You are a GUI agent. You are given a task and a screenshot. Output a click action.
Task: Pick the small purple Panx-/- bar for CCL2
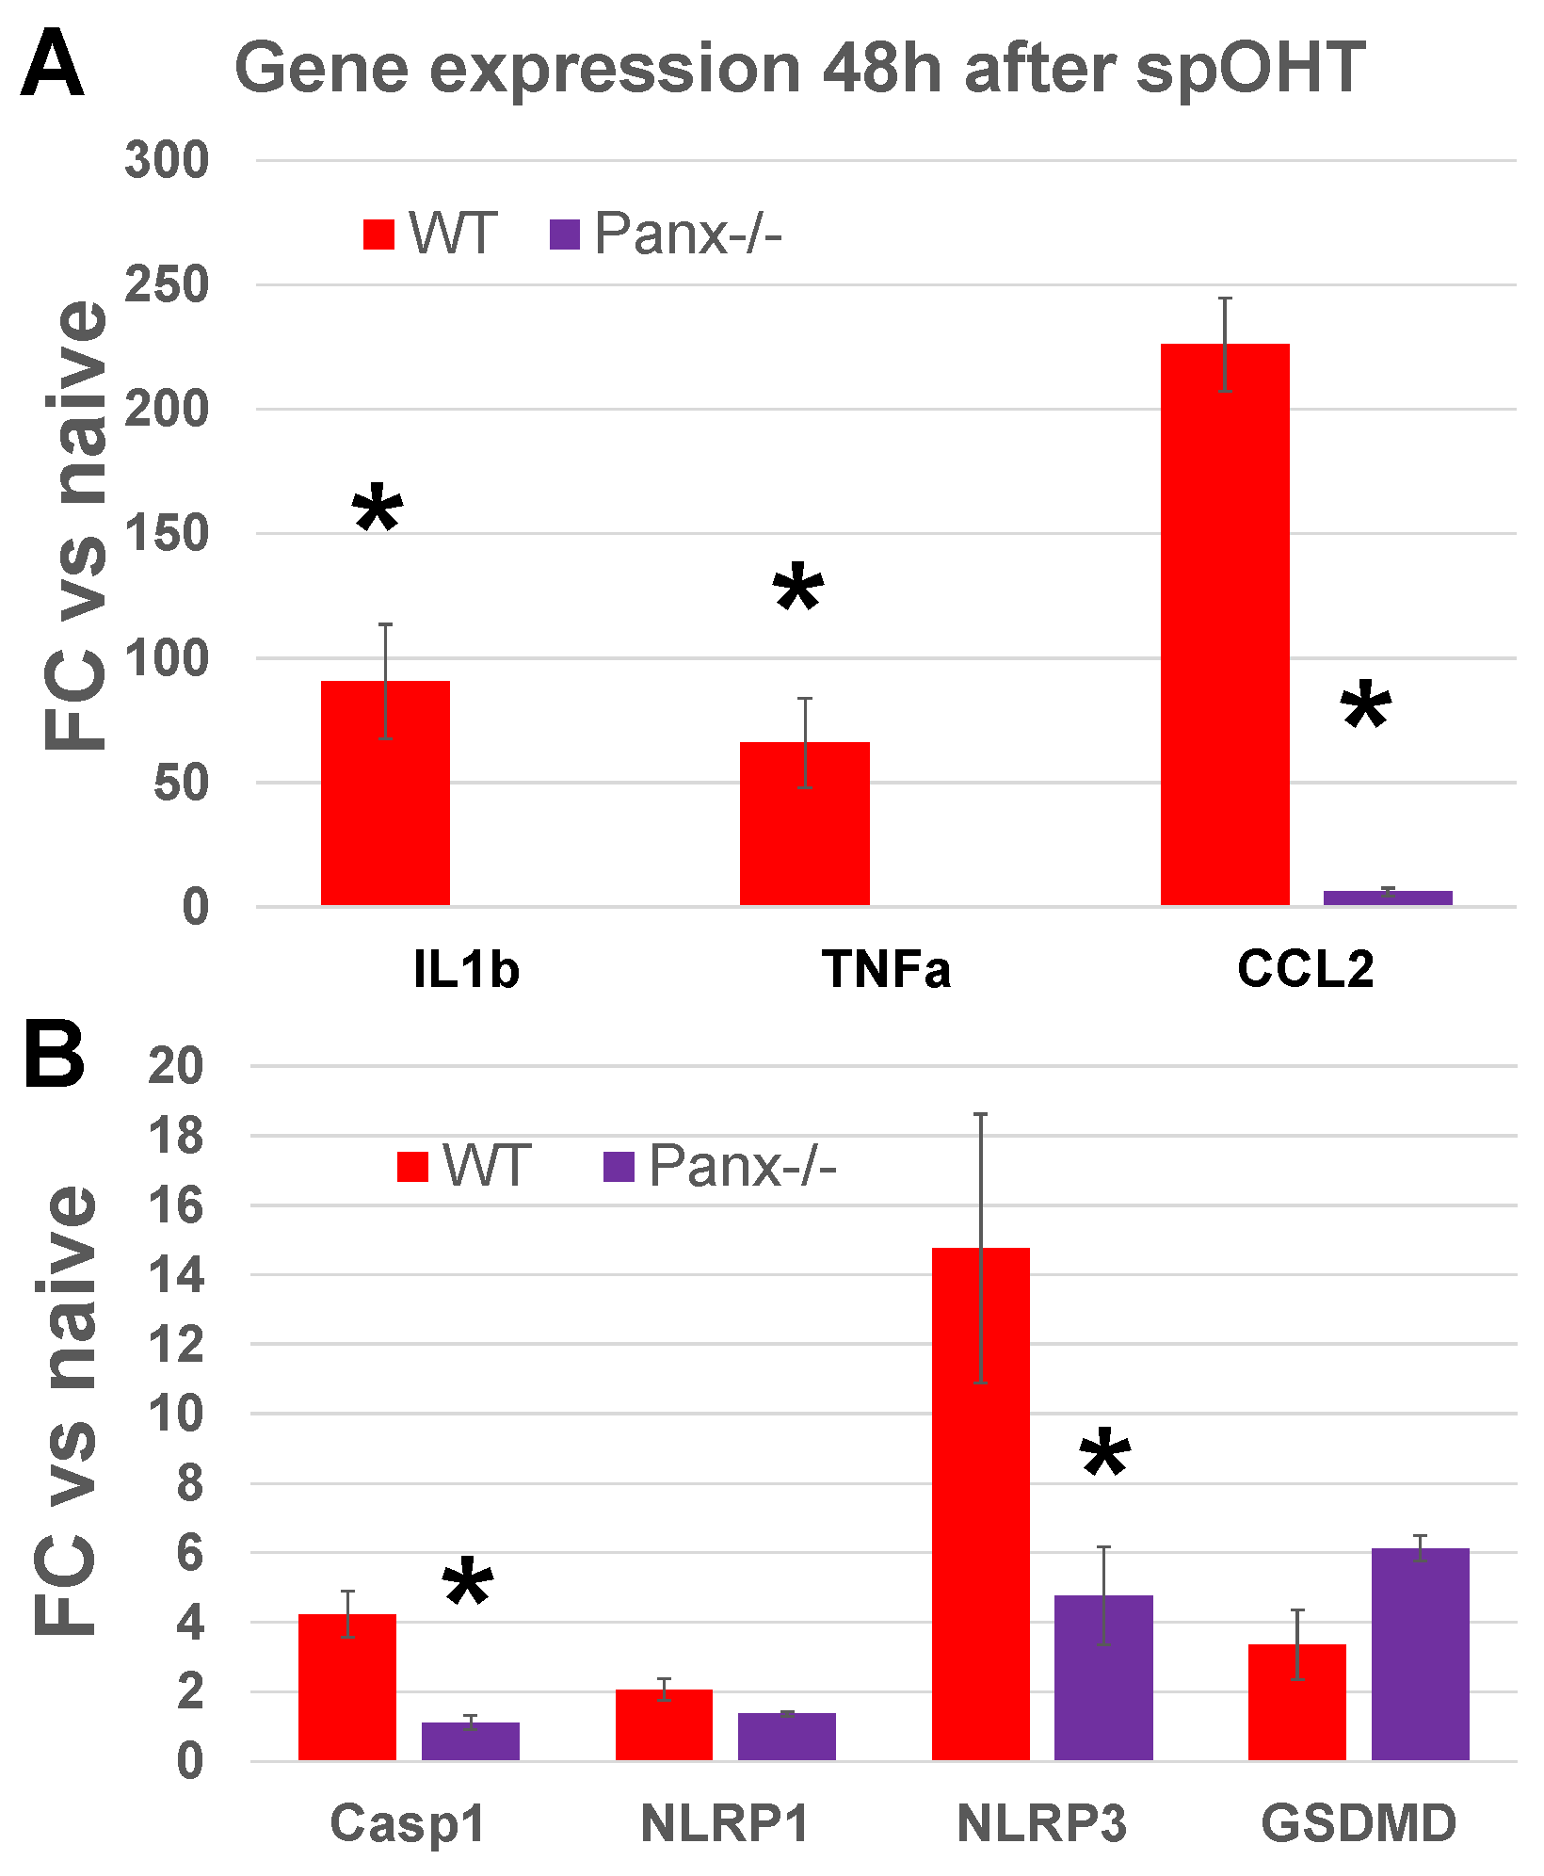click(x=1388, y=898)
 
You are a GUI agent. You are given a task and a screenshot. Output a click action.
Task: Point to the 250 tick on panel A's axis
click(x=167, y=284)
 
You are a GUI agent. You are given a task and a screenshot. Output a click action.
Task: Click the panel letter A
click(x=52, y=64)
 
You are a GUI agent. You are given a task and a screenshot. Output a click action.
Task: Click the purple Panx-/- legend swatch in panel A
click(x=564, y=234)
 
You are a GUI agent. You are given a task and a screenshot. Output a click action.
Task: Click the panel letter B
click(x=54, y=1057)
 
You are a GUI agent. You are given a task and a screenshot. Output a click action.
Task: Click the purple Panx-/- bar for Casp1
click(x=470, y=1741)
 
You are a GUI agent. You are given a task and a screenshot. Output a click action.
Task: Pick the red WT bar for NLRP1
click(x=664, y=1724)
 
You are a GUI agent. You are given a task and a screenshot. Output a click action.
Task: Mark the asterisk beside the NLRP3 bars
click(x=1104, y=1455)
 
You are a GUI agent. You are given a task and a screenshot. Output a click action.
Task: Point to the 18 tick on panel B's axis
click(x=176, y=1136)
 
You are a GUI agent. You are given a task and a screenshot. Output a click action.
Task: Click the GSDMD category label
click(x=1359, y=1822)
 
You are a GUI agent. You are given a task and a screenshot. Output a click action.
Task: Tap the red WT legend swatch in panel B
click(x=412, y=1167)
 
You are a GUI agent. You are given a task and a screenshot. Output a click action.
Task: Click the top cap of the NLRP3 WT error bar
click(x=980, y=1114)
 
